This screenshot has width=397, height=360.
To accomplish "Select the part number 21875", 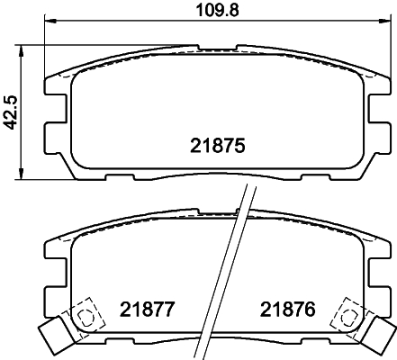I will [x=218, y=146].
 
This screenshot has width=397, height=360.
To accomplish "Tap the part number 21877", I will [x=146, y=309].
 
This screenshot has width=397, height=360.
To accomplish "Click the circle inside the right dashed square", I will [x=348, y=316].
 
